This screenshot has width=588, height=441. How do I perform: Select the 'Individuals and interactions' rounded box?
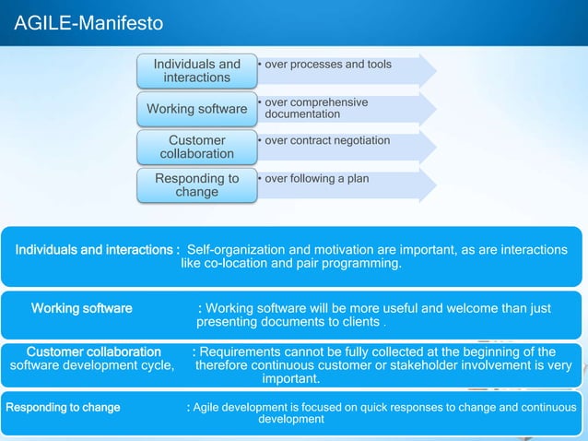pyautogui.click(x=196, y=71)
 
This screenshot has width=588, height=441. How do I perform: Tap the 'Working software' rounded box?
pyautogui.click(x=196, y=110)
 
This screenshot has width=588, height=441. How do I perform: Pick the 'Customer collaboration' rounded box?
pyautogui.click(x=196, y=148)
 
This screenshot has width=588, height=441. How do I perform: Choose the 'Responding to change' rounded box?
pyautogui.click(x=196, y=185)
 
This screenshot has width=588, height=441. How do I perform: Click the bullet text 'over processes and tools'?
pyautogui.click(x=327, y=65)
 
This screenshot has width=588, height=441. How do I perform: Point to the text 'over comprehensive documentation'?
pyautogui.click(x=316, y=108)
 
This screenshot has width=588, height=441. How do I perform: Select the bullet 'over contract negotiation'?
pyautogui.click(x=327, y=140)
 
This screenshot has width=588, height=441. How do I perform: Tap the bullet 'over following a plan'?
pyautogui.click(x=316, y=178)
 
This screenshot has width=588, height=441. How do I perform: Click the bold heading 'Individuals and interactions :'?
pyautogui.click(x=97, y=250)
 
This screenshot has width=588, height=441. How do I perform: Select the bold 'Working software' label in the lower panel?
pyautogui.click(x=82, y=308)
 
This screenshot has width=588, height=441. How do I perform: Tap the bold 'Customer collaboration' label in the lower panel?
pyautogui.click(x=93, y=352)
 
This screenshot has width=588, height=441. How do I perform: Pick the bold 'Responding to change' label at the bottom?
pyautogui.click(x=63, y=407)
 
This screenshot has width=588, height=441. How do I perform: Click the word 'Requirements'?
pyautogui.click(x=242, y=352)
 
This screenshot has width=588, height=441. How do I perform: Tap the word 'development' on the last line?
pyautogui.click(x=291, y=420)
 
